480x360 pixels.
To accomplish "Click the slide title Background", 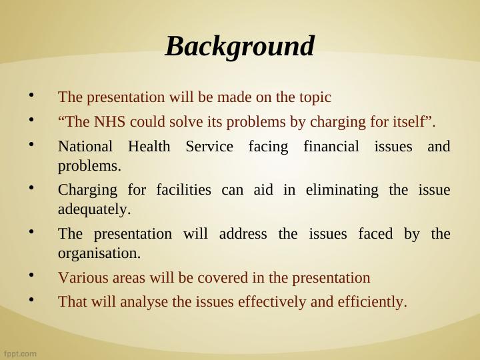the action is [x=240, y=46].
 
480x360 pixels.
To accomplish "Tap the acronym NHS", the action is [x=109, y=121].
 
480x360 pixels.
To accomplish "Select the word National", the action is [x=85, y=146].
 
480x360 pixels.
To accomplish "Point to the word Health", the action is [x=149, y=146].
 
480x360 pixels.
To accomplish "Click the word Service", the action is [x=209, y=146].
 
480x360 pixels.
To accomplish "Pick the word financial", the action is [x=331, y=146].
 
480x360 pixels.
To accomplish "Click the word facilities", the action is [x=184, y=189].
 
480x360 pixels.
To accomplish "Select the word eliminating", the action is [x=342, y=190].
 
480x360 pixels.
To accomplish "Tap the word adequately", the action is [x=94, y=210].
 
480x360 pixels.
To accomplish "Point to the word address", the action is [x=243, y=233].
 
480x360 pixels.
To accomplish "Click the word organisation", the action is [x=99, y=253].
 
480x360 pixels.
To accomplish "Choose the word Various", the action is [x=83, y=277].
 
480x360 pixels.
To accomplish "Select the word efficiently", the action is [x=373, y=302].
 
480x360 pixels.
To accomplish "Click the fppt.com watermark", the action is [x=20, y=354].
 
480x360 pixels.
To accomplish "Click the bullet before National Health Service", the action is [x=31, y=144].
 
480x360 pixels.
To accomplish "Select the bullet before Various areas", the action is [x=31, y=275].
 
